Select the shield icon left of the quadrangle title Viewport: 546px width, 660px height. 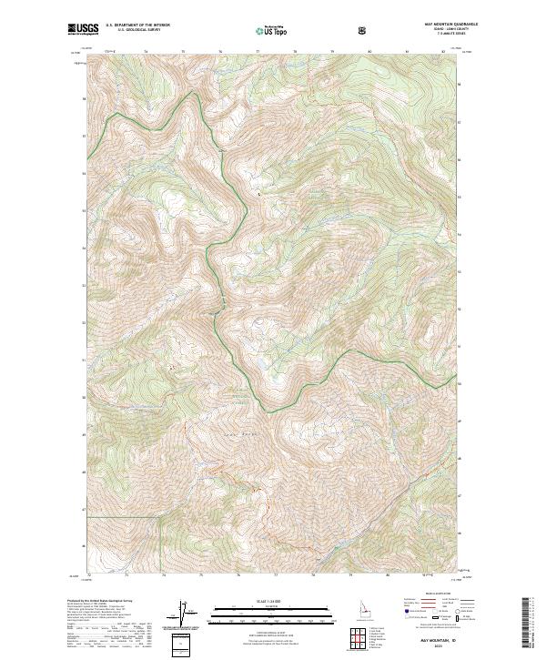[x=365, y=30]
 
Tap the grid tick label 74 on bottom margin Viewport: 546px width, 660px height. [x=163, y=575]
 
